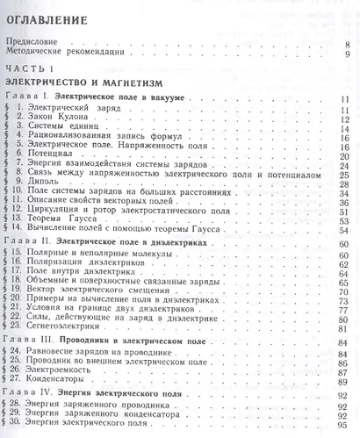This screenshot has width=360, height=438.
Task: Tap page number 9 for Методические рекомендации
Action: pos(347,54)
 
